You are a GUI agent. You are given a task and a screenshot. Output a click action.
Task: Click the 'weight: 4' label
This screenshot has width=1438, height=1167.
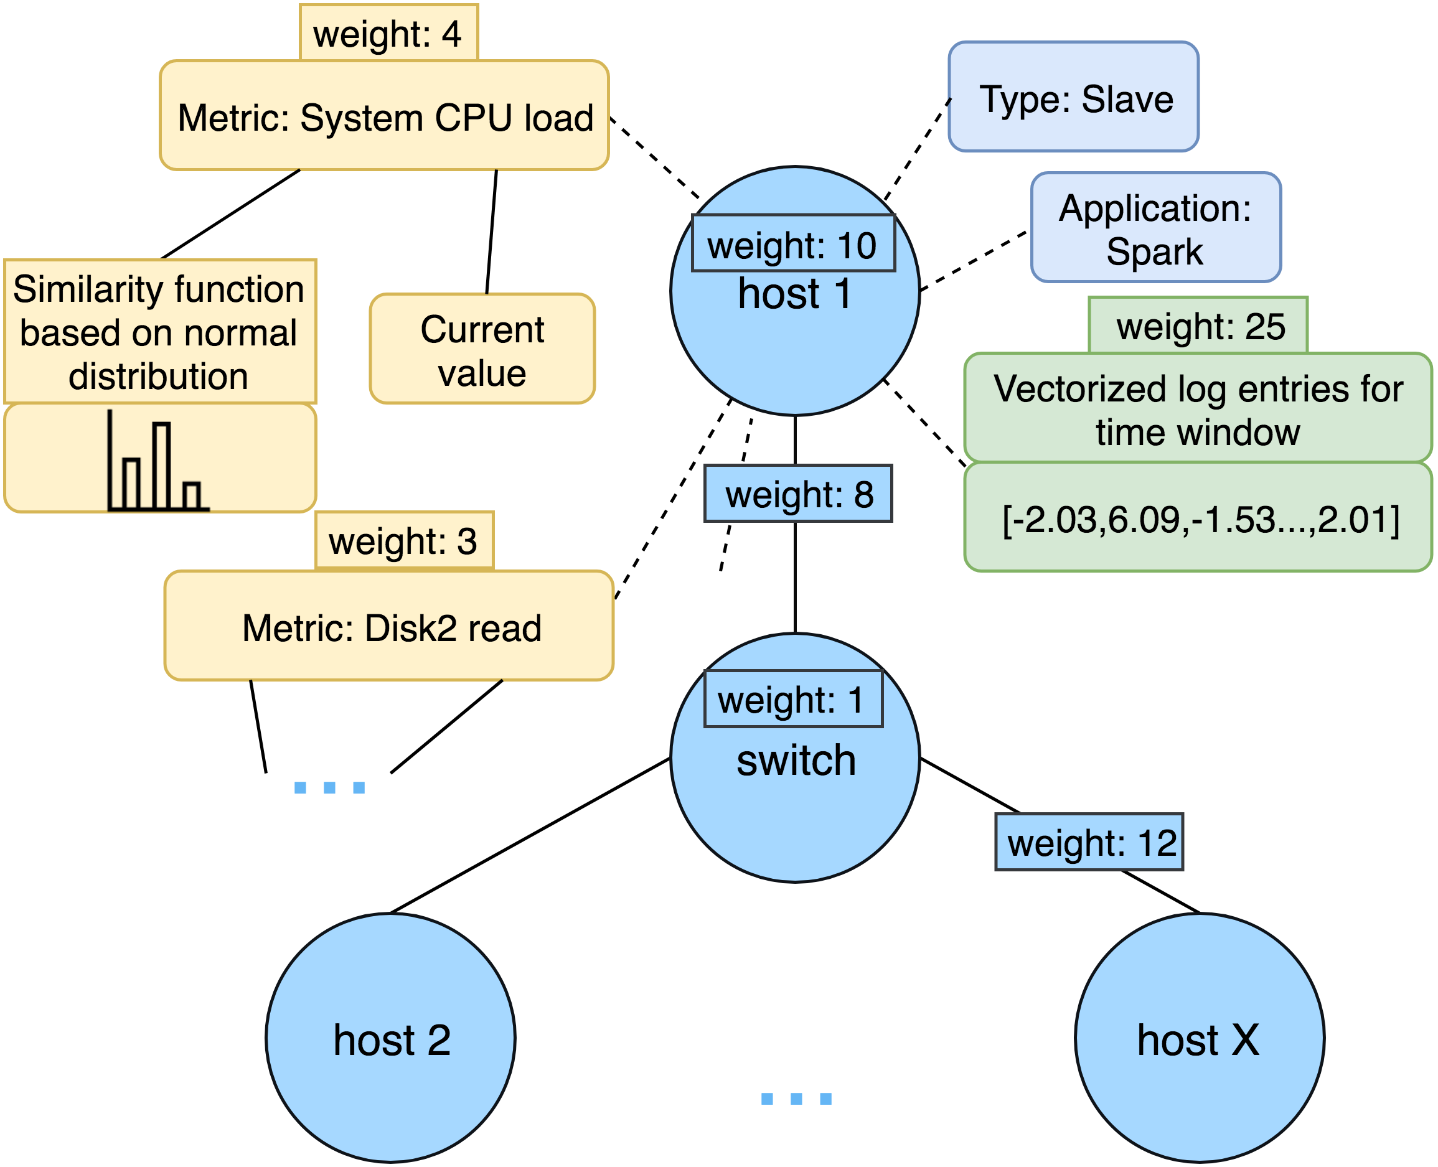(388, 34)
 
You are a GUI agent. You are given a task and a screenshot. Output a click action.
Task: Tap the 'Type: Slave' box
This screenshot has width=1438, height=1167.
(1073, 98)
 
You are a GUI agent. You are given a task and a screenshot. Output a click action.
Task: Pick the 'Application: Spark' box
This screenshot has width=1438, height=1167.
(1155, 228)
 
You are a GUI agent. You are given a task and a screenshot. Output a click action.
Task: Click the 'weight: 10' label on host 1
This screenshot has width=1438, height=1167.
(792, 244)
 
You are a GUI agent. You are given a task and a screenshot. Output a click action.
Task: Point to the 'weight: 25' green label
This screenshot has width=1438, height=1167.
(1197, 326)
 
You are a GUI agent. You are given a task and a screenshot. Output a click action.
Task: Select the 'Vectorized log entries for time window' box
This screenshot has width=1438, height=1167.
(1197, 409)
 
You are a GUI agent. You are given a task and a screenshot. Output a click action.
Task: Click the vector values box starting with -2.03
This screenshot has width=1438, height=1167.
(1197, 519)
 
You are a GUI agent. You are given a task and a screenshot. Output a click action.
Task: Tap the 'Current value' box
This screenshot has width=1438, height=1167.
(482, 350)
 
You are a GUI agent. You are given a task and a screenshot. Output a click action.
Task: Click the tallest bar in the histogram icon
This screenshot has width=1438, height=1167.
(161, 465)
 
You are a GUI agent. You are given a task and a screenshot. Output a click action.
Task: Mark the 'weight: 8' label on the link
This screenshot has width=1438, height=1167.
(797, 494)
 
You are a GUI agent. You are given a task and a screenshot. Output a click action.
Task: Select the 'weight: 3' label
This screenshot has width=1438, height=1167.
(403, 541)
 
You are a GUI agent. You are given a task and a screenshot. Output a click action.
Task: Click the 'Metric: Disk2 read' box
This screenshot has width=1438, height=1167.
(389, 627)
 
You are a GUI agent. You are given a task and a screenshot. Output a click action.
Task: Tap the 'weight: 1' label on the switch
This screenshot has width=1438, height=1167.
(792, 700)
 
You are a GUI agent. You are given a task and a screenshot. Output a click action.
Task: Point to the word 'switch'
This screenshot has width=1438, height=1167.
(796, 761)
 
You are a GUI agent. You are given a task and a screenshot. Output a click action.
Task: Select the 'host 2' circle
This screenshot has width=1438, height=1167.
(390, 1039)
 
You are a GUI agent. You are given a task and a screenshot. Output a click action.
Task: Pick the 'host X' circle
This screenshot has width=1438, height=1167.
(1200, 1039)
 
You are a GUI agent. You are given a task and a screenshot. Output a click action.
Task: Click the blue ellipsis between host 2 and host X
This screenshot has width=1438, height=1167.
(796, 1099)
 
